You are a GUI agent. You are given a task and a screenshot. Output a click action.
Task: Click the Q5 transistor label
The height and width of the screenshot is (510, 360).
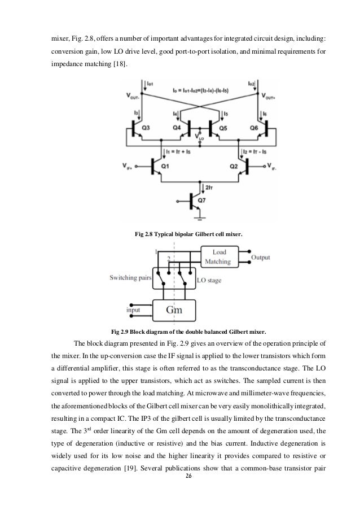(222, 128)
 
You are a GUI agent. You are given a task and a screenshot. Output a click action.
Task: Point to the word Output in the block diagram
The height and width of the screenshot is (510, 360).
(260, 258)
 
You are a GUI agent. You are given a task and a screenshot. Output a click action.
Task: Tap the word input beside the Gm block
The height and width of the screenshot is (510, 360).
(133, 310)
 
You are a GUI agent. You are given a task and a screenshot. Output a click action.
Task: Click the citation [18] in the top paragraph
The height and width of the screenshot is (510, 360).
(120, 64)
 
